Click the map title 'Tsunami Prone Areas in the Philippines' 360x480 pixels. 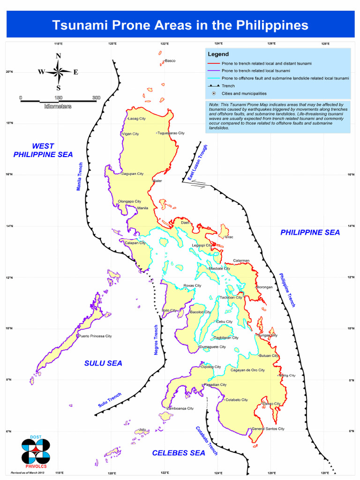pos(180,25)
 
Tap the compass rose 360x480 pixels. pos(58,72)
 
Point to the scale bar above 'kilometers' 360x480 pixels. pos(58,100)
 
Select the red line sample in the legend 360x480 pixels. pos(214,63)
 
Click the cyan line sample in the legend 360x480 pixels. pos(214,78)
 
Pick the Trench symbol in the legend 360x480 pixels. pos(214,86)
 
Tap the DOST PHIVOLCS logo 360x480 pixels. pos(36,450)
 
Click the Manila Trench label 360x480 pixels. pos(80,177)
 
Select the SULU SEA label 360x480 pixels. pos(103,363)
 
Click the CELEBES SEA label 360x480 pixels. pos(179,453)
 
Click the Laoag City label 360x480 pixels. pos(137,119)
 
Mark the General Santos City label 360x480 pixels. pos(268,428)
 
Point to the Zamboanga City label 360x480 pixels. pos(180,408)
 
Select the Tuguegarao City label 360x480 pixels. pos(171,133)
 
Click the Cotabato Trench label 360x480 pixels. pos(207,441)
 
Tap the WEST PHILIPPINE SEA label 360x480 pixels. pos(43,150)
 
